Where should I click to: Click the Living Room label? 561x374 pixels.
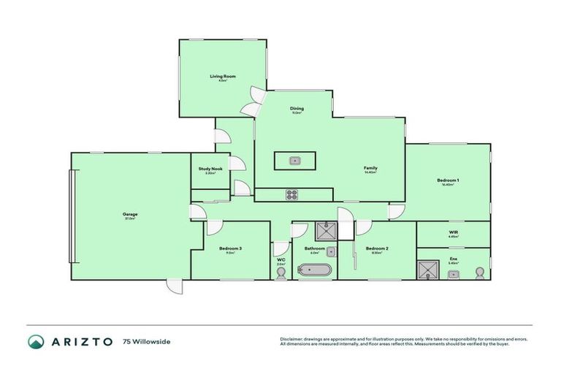click(x=222, y=76)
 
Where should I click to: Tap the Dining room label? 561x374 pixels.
click(x=297, y=109)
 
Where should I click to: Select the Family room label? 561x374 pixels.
click(x=370, y=168)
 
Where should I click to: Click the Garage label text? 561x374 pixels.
click(x=130, y=214)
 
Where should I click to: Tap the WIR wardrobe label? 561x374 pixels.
click(x=453, y=232)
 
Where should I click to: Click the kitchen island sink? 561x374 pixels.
click(x=294, y=160)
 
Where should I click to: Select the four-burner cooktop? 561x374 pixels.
click(x=291, y=194)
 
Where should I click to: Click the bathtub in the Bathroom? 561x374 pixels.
click(x=314, y=271)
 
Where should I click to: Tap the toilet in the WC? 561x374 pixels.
click(x=281, y=272)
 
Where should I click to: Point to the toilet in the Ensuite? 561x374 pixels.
click(x=480, y=272)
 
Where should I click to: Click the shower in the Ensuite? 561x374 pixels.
click(x=427, y=268)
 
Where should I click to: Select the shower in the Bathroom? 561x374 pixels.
click(x=326, y=231)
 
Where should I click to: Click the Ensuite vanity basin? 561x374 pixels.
click(x=454, y=274)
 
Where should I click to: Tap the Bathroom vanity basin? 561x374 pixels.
click(x=332, y=251)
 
